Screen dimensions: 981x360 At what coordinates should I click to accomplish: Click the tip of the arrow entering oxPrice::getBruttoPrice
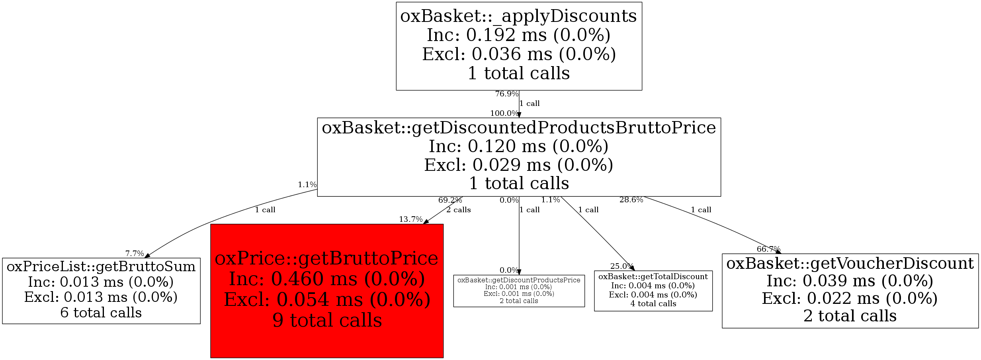(x=424, y=224)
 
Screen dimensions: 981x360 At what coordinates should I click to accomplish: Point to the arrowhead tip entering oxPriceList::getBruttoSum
(x=145, y=258)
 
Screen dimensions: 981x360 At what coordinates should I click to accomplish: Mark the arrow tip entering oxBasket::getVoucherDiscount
(x=782, y=254)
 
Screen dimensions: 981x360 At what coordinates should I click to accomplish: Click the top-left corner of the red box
(x=211, y=224)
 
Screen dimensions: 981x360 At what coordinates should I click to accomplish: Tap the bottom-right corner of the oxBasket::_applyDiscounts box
(x=642, y=90)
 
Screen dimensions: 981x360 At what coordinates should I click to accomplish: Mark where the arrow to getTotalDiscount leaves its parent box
(x=561, y=196)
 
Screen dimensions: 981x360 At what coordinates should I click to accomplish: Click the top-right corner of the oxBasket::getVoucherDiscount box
(x=979, y=254)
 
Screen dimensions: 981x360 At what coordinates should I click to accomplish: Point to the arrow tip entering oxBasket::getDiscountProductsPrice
(x=519, y=275)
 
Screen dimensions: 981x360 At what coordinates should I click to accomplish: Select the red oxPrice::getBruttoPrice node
(x=327, y=291)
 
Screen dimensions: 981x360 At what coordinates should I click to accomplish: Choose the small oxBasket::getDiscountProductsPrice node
(x=519, y=291)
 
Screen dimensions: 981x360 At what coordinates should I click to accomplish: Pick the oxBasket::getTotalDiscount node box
(x=653, y=291)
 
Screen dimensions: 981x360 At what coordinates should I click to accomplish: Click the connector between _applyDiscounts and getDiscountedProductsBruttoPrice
(x=519, y=104)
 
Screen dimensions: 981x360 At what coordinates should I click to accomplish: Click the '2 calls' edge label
(x=459, y=210)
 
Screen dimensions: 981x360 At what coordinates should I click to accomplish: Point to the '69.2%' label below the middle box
(x=450, y=200)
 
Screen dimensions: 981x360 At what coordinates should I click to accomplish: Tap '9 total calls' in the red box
(x=327, y=320)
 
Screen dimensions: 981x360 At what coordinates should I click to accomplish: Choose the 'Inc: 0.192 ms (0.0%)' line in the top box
(x=519, y=35)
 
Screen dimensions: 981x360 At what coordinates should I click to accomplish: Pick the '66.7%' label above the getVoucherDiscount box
(x=768, y=249)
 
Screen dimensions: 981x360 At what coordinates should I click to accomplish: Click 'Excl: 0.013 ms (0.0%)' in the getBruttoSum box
(x=101, y=297)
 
